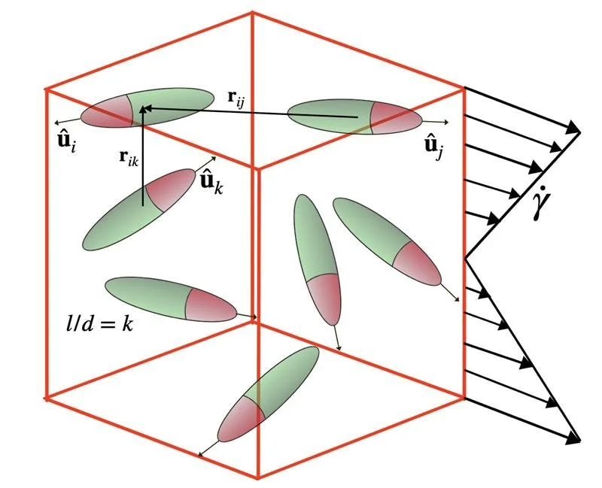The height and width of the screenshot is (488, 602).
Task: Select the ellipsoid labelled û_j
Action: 354,117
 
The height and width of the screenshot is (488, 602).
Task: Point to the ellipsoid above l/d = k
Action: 171,298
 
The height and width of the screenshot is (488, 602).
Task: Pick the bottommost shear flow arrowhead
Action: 575,438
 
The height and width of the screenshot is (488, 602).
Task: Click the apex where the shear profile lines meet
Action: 467,258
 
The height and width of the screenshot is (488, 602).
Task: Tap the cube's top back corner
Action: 251,13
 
